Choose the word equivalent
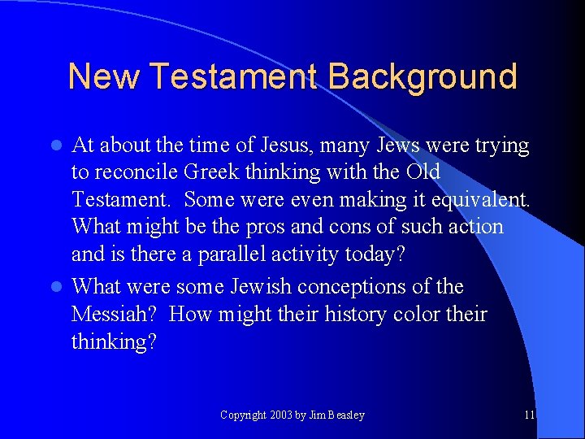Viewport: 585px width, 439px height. [483, 200]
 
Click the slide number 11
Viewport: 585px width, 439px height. [530, 415]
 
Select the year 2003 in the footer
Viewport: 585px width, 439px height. [280, 415]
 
